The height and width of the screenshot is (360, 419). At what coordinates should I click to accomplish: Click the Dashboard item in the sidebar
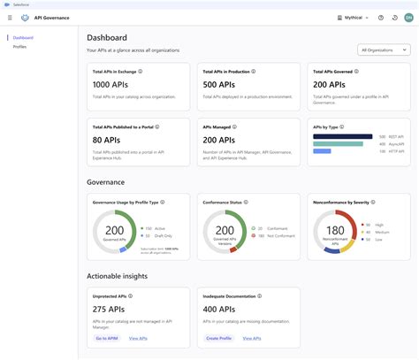[24, 38]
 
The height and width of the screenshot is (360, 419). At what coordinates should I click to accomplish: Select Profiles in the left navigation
[20, 47]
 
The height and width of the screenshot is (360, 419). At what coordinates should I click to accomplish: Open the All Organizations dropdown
[384, 50]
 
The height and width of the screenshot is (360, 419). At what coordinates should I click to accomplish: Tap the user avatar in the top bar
[408, 18]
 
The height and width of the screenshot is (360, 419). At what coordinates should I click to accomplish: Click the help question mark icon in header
[380, 18]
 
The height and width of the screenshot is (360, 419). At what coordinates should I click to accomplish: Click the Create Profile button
[219, 338]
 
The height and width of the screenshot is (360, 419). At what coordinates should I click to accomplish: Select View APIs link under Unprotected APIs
[139, 338]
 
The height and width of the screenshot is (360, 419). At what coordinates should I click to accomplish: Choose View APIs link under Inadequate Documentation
[252, 338]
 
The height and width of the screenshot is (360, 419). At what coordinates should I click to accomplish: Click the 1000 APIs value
[111, 84]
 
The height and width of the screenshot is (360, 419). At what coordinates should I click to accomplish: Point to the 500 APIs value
[219, 84]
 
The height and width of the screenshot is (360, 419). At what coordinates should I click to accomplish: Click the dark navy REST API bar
[343, 136]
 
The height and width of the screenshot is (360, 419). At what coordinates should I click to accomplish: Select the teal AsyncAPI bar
[338, 143]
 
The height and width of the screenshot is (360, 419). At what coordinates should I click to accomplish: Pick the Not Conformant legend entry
[277, 236]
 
